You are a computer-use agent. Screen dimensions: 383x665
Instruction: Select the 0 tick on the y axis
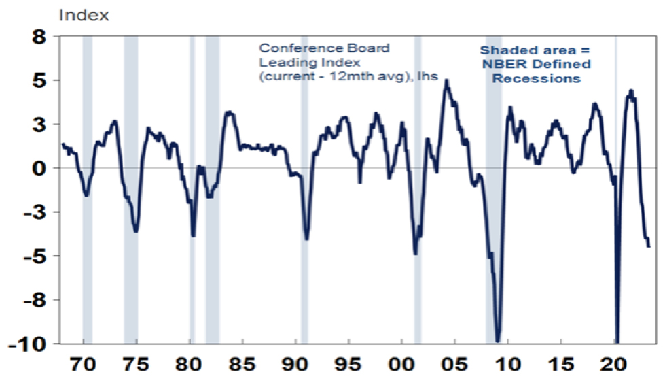pos(42,168)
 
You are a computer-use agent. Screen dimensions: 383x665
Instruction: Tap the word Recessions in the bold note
pos(537,79)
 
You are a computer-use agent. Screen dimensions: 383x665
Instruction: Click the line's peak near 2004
pos(446,80)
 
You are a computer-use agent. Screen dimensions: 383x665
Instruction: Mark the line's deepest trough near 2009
pos(498,341)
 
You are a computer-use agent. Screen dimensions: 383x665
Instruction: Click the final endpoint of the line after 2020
pos(649,246)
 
